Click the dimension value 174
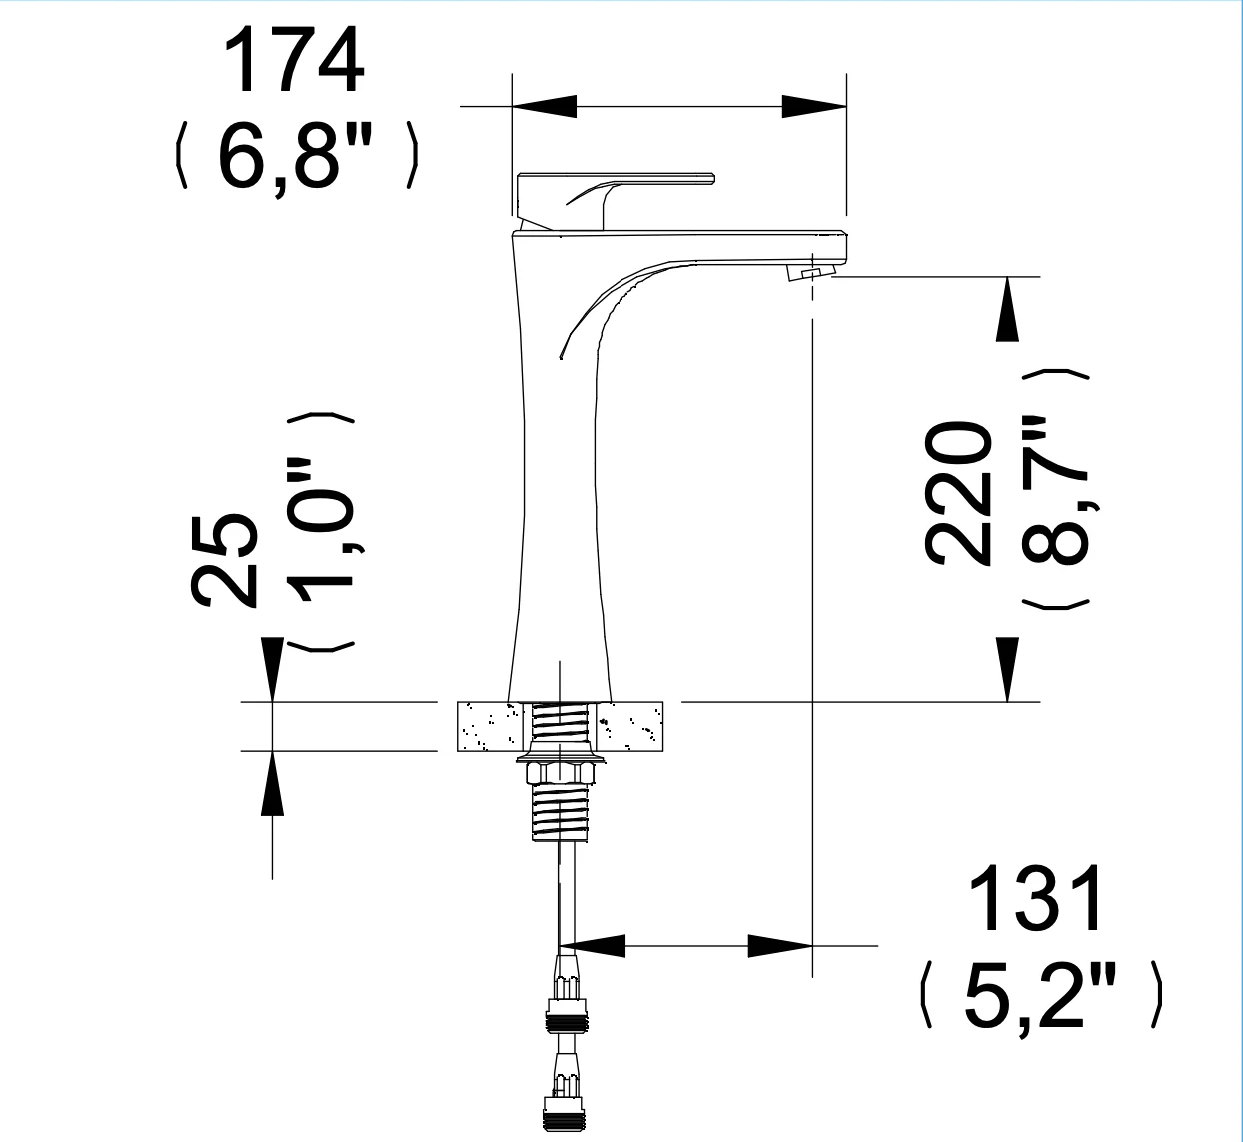294,60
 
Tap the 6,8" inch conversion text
295,156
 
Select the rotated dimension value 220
956,493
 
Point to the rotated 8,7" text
1053,490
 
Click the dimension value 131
1036,898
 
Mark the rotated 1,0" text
321,531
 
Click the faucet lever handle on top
616,200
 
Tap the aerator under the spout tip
811,272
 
